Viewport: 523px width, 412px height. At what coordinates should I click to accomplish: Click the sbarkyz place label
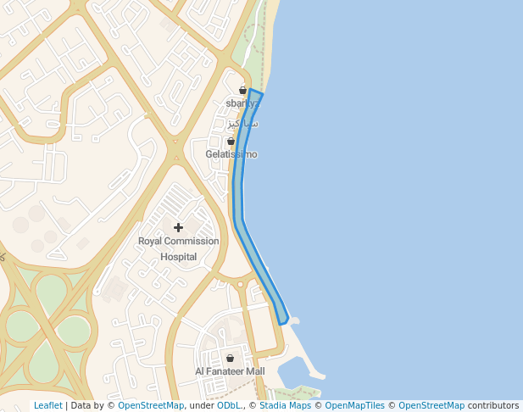click(x=242, y=103)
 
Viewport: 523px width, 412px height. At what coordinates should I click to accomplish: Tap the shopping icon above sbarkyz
click(x=243, y=90)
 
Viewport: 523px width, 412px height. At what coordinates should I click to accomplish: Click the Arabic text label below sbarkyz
click(x=242, y=124)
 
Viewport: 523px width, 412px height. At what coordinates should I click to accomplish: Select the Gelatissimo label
click(x=231, y=154)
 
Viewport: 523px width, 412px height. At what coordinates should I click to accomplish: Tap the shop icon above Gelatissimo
click(x=231, y=141)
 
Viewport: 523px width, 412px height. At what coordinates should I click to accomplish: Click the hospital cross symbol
click(x=178, y=227)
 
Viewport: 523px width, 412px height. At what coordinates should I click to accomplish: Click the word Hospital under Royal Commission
click(x=178, y=257)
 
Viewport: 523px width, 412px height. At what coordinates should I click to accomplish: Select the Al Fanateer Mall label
click(x=230, y=372)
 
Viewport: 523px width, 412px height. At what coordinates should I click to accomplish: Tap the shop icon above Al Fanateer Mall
click(x=230, y=359)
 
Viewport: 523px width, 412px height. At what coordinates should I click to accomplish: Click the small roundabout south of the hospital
click(x=241, y=284)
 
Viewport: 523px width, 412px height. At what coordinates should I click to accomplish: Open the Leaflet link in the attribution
click(x=47, y=406)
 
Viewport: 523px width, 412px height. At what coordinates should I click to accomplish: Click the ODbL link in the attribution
click(x=228, y=406)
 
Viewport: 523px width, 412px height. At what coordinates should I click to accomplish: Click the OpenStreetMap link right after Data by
click(x=151, y=406)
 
